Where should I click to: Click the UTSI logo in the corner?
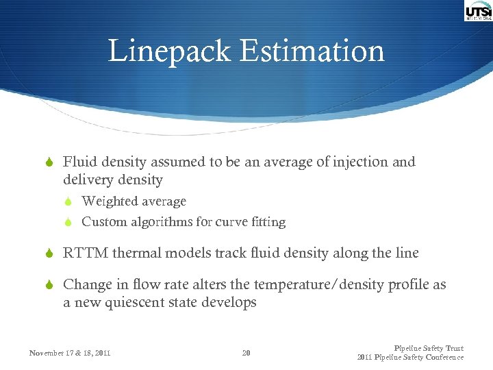click(x=478, y=12)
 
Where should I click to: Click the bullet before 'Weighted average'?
click(x=68, y=201)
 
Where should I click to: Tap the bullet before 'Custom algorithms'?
click(x=68, y=222)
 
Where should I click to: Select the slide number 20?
click(x=246, y=353)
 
